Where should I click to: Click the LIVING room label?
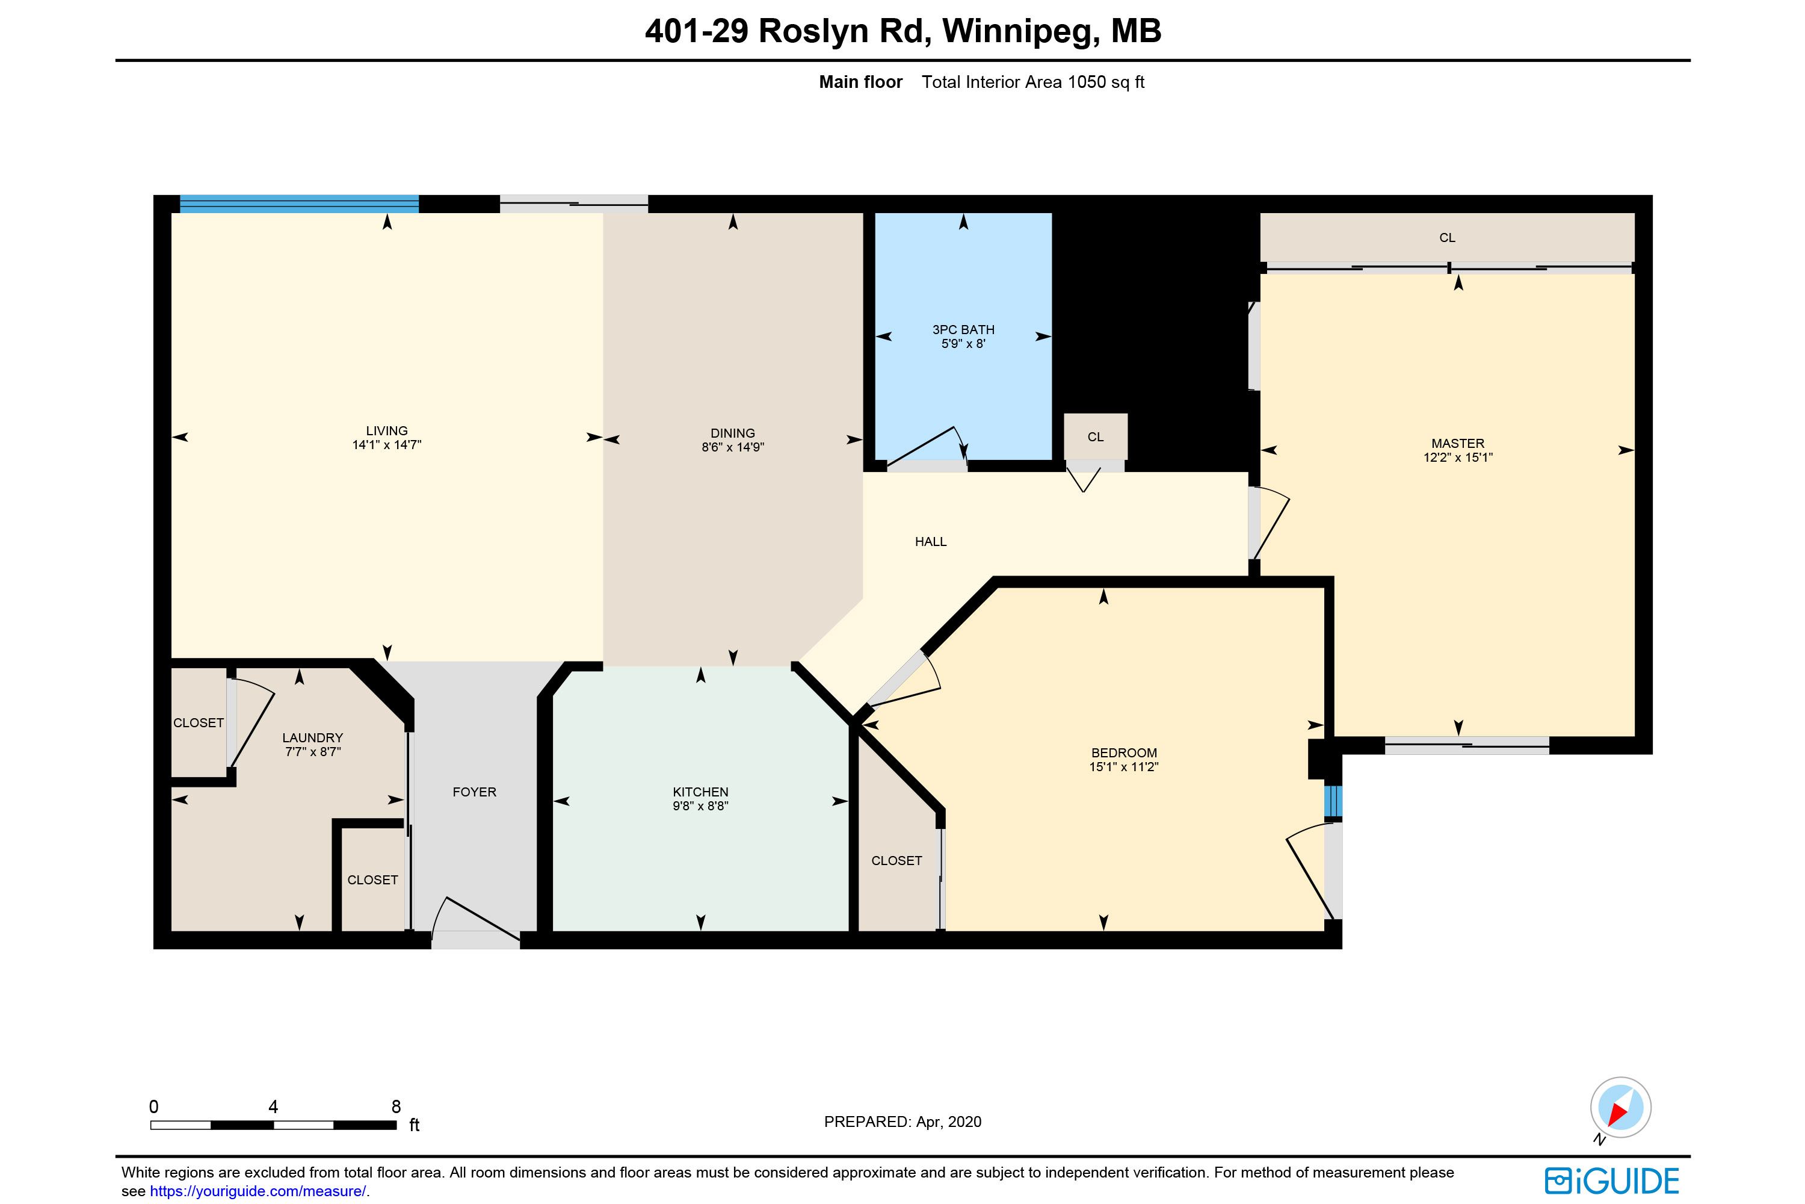[x=387, y=431]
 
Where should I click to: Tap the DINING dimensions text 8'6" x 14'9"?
[x=733, y=447]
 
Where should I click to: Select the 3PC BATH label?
[x=963, y=329]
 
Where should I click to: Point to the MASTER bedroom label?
[x=1457, y=443]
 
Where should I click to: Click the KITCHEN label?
[x=701, y=792]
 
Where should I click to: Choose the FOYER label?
[x=474, y=792]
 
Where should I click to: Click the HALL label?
[x=930, y=541]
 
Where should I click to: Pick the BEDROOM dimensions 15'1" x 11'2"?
[x=1123, y=766]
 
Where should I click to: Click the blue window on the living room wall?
[x=299, y=203]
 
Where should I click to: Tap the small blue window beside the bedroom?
[x=1333, y=801]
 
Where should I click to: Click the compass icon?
[x=1620, y=1107]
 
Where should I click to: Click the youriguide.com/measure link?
[x=258, y=1191]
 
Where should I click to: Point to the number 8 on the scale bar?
[x=396, y=1106]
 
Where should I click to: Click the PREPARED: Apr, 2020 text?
[x=902, y=1122]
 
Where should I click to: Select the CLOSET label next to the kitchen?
[x=896, y=861]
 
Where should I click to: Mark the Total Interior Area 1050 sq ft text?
[x=1033, y=82]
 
